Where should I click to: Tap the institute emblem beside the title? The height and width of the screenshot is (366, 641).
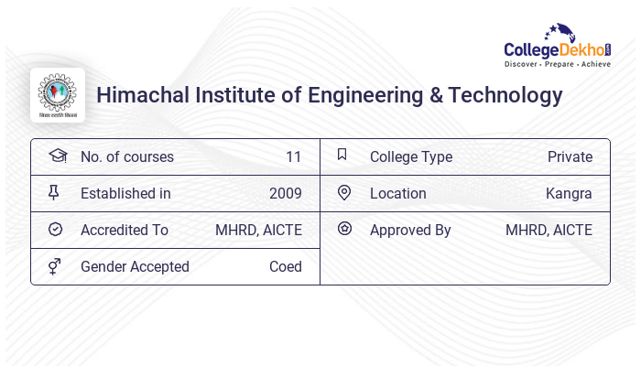58,95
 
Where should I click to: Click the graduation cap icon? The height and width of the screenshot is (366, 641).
58,156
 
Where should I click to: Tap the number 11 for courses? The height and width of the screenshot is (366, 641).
293,157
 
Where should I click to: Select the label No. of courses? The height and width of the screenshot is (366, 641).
126,157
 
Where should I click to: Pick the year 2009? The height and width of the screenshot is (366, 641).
285,194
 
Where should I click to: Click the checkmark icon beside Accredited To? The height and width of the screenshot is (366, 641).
56,230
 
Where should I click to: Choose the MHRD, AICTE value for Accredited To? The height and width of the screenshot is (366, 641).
258,231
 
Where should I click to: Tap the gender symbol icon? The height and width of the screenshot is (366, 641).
55,266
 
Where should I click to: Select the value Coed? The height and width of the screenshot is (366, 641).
285,267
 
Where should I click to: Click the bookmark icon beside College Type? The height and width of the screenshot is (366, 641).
342,156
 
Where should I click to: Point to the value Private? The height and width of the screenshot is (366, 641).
570,157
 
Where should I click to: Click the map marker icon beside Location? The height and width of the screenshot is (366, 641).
344,193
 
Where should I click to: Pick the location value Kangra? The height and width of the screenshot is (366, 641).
569,194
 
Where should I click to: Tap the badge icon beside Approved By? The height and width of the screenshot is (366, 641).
344,229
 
